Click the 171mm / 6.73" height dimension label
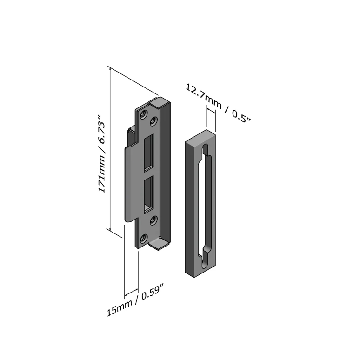pos(102,154)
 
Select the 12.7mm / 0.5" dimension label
pos(218,104)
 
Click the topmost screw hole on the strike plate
pos(144,114)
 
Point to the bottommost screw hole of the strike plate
pos(144,239)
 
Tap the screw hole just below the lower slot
pos(153,220)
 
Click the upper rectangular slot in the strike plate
pos(149,153)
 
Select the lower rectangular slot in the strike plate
pos(149,195)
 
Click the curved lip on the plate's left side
pos(130,184)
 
